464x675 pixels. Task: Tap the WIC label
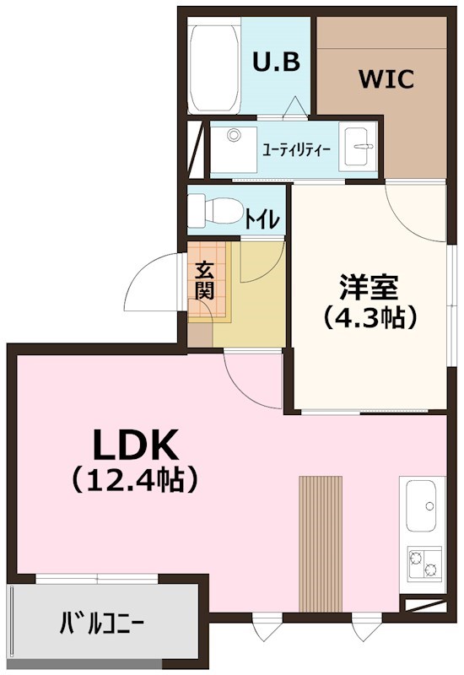pyautogui.click(x=386, y=80)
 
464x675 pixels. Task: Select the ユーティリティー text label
pyautogui.click(x=296, y=150)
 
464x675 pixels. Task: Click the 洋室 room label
pyautogui.click(x=369, y=287)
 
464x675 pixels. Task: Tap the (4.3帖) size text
pyautogui.click(x=369, y=317)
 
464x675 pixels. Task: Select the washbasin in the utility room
pyautogui.click(x=359, y=148)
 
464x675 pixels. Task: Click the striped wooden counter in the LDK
pyautogui.click(x=321, y=543)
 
